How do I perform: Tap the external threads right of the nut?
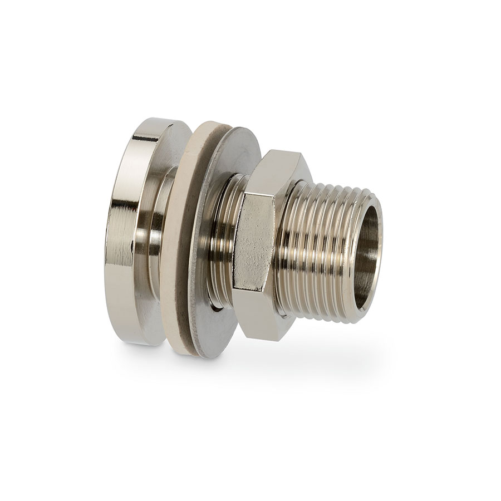pos(323,245)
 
